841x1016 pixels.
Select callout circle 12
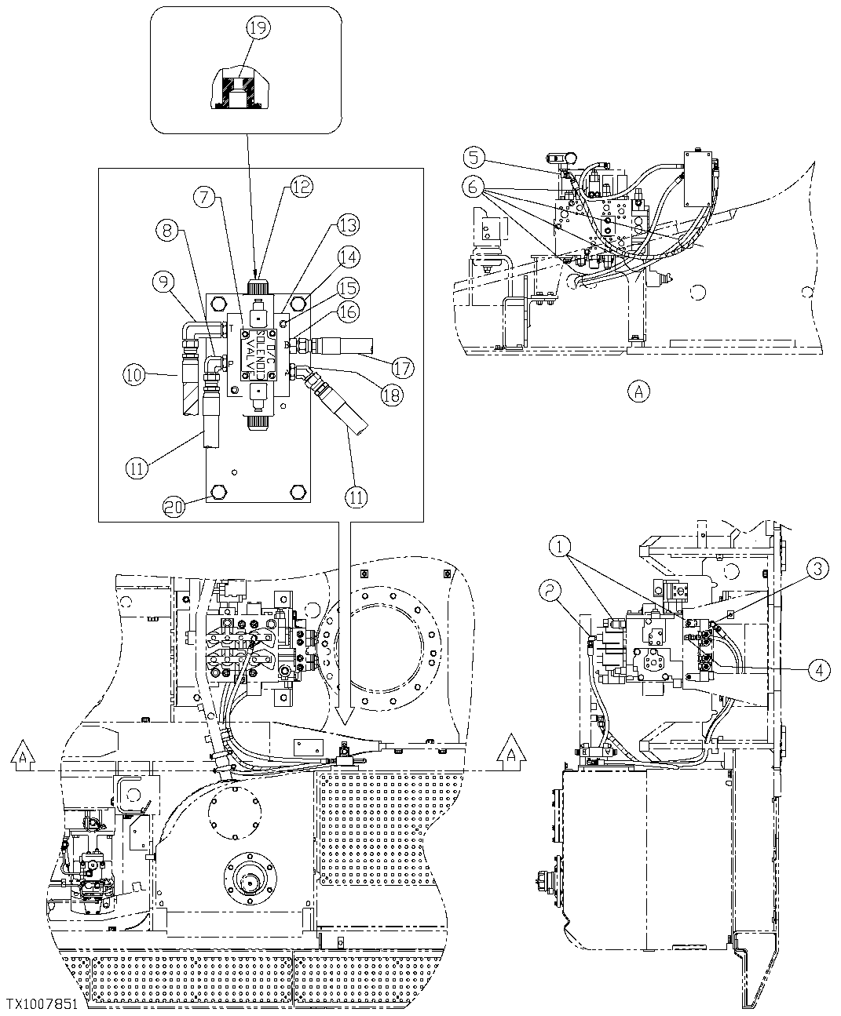tap(302, 186)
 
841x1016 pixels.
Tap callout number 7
tap(205, 197)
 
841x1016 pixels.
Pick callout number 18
tap(393, 395)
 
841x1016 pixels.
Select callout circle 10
tap(134, 375)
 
